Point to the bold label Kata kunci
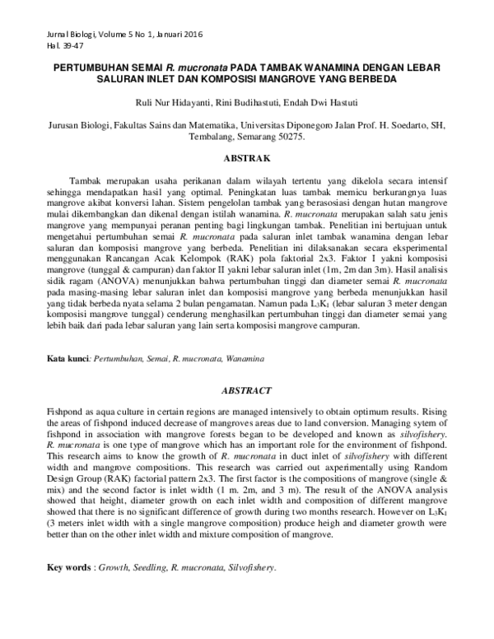68,359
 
